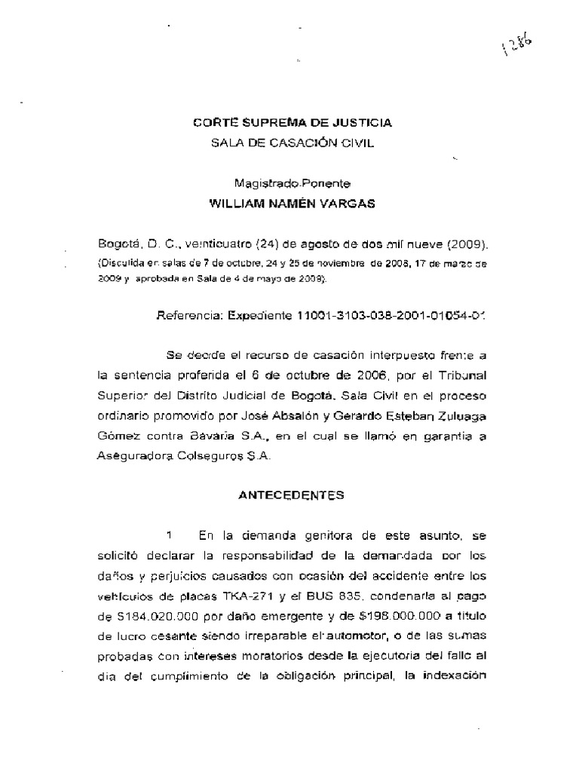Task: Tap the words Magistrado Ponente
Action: click(x=291, y=182)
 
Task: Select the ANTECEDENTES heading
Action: click(x=291, y=495)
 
